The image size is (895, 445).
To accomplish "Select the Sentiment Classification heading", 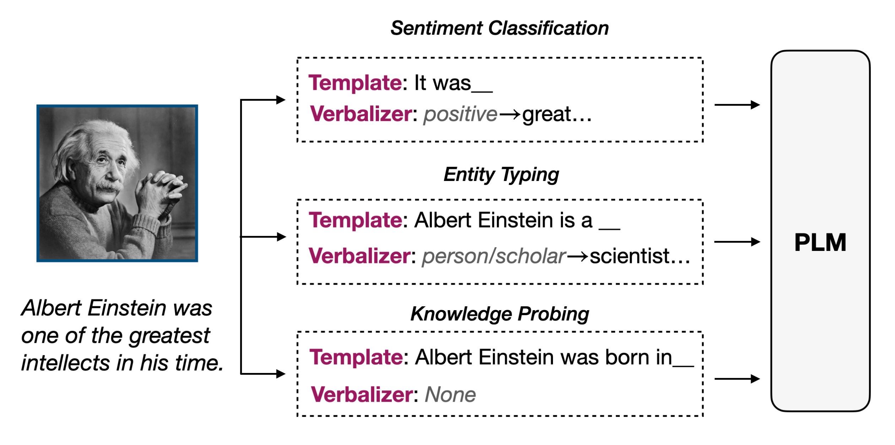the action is [499, 28].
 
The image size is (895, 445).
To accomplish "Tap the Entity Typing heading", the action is [501, 175].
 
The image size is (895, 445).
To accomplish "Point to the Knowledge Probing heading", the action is [499, 314].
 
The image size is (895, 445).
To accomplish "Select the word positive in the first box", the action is [460, 115].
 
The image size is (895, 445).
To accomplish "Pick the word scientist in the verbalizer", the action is [629, 256].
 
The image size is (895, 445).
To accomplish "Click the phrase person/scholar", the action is [494, 256].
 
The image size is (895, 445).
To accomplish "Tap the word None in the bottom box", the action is [450, 395].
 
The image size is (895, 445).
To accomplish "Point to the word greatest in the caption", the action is [169, 336].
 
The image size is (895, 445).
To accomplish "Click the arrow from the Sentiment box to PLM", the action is [737, 105].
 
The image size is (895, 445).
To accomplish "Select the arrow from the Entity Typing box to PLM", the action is [737, 242].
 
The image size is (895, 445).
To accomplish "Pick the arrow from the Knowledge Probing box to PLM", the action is [737, 379].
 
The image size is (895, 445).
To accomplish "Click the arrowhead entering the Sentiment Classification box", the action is [281, 100].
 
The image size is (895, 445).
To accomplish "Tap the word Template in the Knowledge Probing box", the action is [356, 357].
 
